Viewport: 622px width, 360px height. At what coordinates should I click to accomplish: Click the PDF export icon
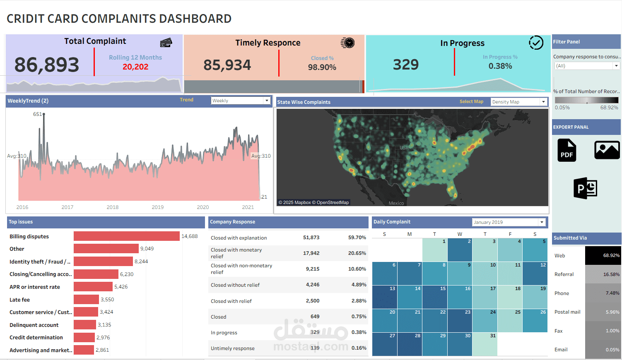[x=567, y=150]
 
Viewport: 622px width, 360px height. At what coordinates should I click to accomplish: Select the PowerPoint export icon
[x=585, y=188]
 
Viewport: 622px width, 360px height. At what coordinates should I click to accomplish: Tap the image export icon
[x=607, y=150]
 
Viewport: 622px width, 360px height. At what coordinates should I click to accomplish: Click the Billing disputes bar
[x=126, y=236]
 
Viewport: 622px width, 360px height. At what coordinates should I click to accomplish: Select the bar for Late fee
[x=86, y=300]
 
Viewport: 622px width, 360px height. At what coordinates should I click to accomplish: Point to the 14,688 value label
[x=190, y=236]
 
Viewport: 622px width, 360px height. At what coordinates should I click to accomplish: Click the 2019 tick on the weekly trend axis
[x=158, y=207]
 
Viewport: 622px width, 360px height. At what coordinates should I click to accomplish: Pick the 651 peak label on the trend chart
[x=37, y=114]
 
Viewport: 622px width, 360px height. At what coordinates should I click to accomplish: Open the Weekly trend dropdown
[x=241, y=101]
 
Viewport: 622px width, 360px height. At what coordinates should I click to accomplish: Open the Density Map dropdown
[x=519, y=102]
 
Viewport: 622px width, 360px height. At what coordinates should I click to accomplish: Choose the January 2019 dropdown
[x=509, y=222]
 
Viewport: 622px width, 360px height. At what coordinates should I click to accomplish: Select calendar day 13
[x=385, y=297]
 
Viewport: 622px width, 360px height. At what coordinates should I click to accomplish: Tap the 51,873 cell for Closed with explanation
[x=311, y=238]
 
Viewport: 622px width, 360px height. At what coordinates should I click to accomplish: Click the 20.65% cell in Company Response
[x=357, y=253]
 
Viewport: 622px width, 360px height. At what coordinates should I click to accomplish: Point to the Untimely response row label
[x=233, y=348]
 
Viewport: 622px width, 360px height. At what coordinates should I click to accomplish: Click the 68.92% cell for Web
[x=603, y=256]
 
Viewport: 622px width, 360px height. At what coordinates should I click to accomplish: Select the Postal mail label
[x=567, y=312]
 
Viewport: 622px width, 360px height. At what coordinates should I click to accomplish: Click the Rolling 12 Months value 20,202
[x=135, y=67]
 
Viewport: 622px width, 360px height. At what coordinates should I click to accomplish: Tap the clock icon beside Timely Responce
[x=348, y=43]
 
